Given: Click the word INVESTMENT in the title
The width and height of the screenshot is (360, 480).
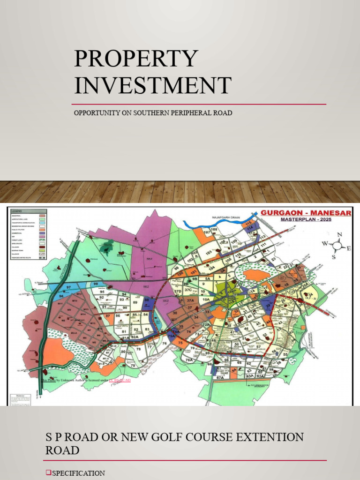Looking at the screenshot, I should [152, 85].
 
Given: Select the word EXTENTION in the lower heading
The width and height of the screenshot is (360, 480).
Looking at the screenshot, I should [262, 437].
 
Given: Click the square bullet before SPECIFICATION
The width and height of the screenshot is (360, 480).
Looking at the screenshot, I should [48, 473].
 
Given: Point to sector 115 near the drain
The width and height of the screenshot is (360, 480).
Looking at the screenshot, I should [248, 223].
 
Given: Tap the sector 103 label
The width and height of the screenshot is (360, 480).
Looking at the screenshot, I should [209, 252].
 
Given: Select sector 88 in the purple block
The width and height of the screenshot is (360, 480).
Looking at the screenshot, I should [147, 300].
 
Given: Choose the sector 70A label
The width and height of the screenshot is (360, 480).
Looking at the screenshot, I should [189, 360].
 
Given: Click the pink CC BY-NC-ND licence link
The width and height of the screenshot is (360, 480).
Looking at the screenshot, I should [120, 380].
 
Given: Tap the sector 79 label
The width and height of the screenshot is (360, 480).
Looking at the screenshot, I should [133, 365].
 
